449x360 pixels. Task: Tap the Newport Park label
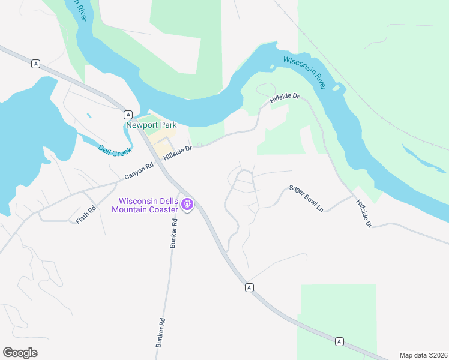[151, 125]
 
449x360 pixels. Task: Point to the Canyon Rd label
[139, 170]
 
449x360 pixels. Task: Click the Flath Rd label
[86, 216]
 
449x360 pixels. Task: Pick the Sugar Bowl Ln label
[306, 198]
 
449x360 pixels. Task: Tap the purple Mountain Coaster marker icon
[188, 205]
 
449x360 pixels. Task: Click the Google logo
[20, 352]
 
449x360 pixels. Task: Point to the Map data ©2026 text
[423, 355]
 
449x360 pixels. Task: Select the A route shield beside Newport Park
[128, 114]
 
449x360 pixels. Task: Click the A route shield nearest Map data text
[339, 341]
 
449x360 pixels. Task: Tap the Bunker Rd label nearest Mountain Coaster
[174, 233]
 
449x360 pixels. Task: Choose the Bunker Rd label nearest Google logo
[160, 332]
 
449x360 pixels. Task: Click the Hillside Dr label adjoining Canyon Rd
[178, 152]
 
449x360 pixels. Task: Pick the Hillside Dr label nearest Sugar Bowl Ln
[364, 214]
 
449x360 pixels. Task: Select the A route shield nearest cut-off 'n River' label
[36, 64]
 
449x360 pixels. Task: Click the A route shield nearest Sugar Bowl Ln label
[249, 288]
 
